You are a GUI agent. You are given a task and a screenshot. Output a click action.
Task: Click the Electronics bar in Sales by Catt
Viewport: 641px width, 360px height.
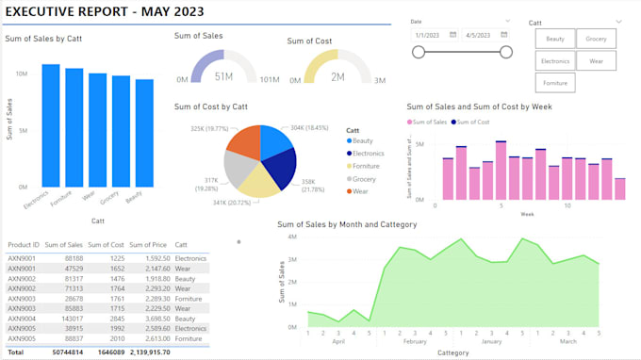coord(50,125)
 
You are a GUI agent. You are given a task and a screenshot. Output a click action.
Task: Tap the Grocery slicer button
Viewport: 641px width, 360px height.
coord(596,39)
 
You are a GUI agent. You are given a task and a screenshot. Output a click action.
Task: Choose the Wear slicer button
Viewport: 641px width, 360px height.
coord(596,60)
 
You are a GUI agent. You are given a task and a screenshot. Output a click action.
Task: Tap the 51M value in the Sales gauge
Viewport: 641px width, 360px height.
coord(223,76)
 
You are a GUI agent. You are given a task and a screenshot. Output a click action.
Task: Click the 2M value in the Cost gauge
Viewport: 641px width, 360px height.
coord(337,76)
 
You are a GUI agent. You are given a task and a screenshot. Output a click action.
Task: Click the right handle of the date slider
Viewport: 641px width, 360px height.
coord(505,52)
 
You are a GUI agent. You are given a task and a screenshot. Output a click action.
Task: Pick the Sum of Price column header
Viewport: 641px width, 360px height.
coord(148,245)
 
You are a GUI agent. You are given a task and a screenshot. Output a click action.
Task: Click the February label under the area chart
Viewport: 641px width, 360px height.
coord(415,340)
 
